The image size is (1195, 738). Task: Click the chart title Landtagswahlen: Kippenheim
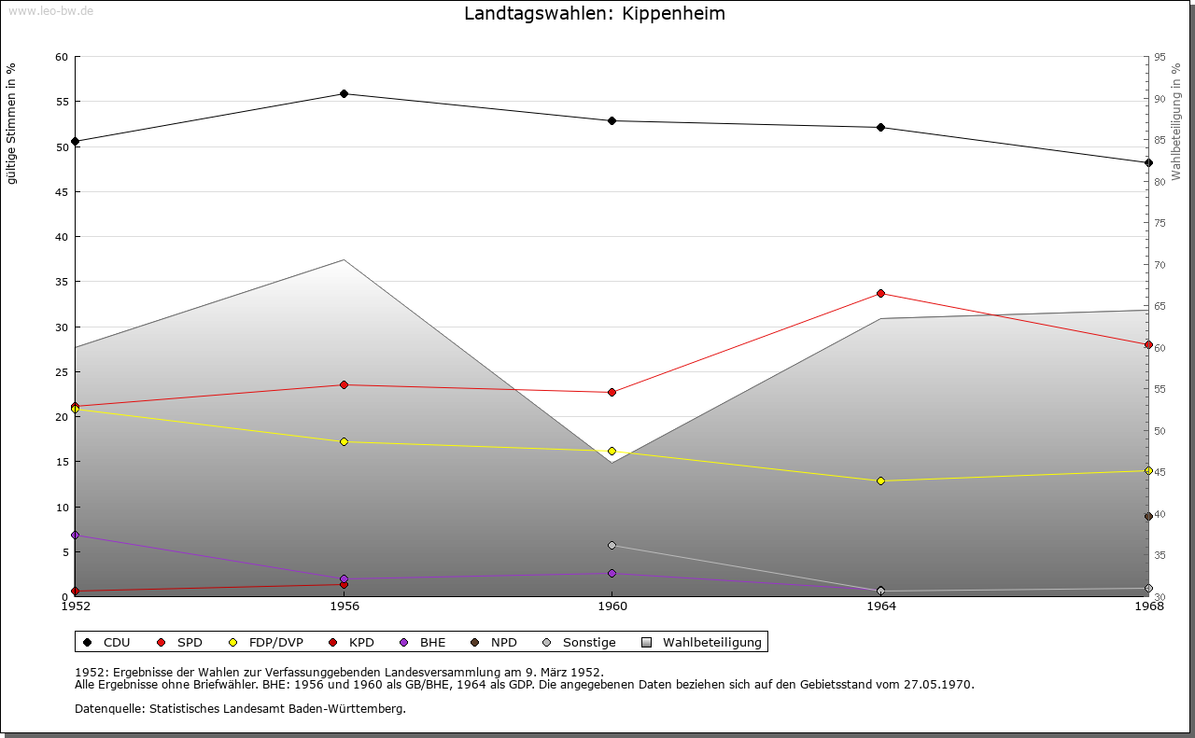[x=594, y=14]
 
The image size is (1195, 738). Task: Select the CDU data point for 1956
[x=344, y=93]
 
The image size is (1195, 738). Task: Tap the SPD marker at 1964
[x=880, y=293]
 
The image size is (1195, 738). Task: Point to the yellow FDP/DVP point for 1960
[x=612, y=451]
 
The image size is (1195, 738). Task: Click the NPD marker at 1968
[x=1148, y=516]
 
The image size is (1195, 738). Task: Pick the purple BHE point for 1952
[x=75, y=535]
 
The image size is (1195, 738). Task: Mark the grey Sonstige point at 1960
[x=612, y=545]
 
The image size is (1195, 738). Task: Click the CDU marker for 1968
[x=1148, y=162]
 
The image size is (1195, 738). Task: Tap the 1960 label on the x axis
[x=612, y=606]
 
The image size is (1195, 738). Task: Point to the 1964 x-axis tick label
[x=880, y=606]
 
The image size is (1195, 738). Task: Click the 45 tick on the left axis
[x=62, y=192]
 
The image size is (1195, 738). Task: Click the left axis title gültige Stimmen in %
[x=12, y=123]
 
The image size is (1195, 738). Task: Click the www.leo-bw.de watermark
[x=49, y=9]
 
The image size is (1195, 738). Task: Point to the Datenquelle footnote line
[x=240, y=708]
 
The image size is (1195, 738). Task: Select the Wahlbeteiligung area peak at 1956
[x=344, y=259]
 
